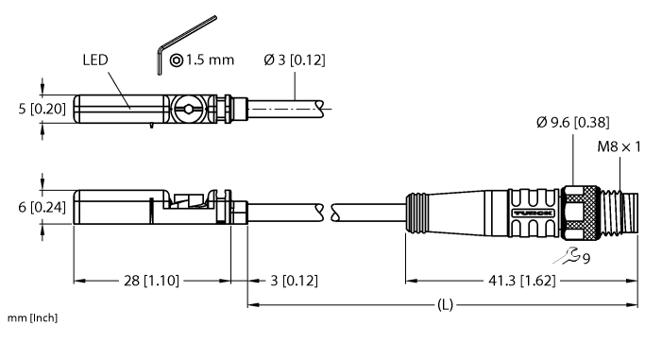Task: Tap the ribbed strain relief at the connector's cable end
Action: [416, 210]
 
